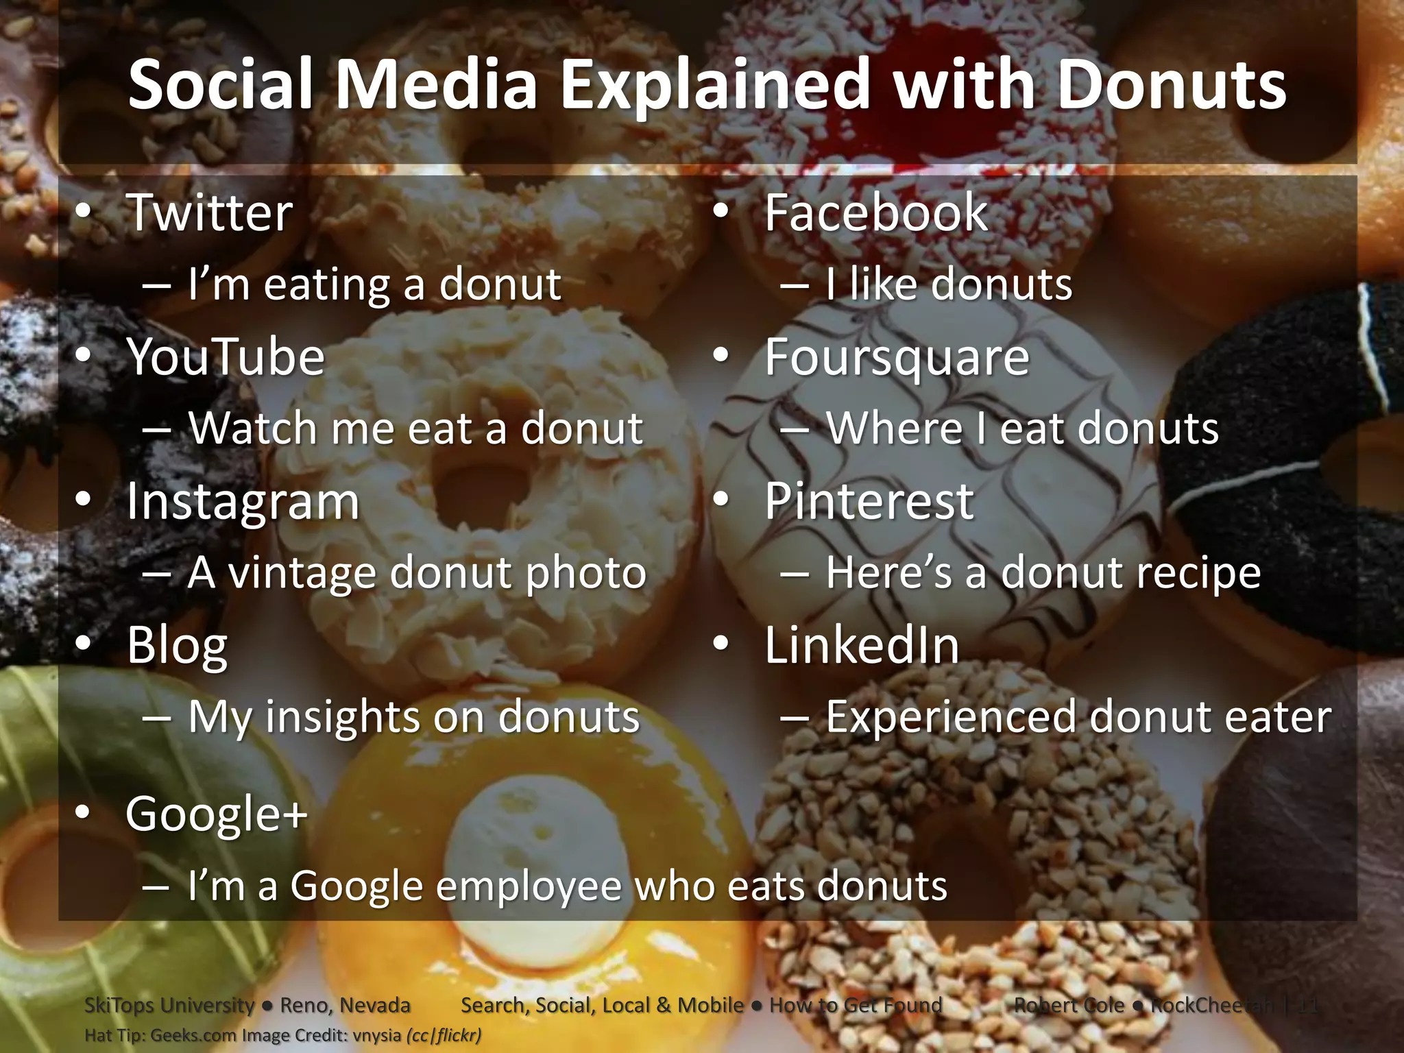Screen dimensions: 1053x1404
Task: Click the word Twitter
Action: (x=209, y=213)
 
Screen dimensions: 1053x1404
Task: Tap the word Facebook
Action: (x=875, y=213)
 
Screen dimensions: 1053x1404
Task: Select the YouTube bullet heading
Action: (x=225, y=357)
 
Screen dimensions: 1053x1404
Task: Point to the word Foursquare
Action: (x=897, y=357)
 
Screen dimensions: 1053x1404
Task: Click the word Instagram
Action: (x=243, y=502)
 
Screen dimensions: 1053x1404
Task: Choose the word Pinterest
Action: (x=869, y=501)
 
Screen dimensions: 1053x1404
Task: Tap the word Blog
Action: (x=177, y=646)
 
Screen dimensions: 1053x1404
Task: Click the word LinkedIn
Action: (x=862, y=646)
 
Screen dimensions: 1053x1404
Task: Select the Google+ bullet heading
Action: (x=216, y=814)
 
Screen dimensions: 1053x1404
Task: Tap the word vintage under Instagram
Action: (x=302, y=572)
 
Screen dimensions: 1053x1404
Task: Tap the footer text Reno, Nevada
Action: (x=345, y=1005)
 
